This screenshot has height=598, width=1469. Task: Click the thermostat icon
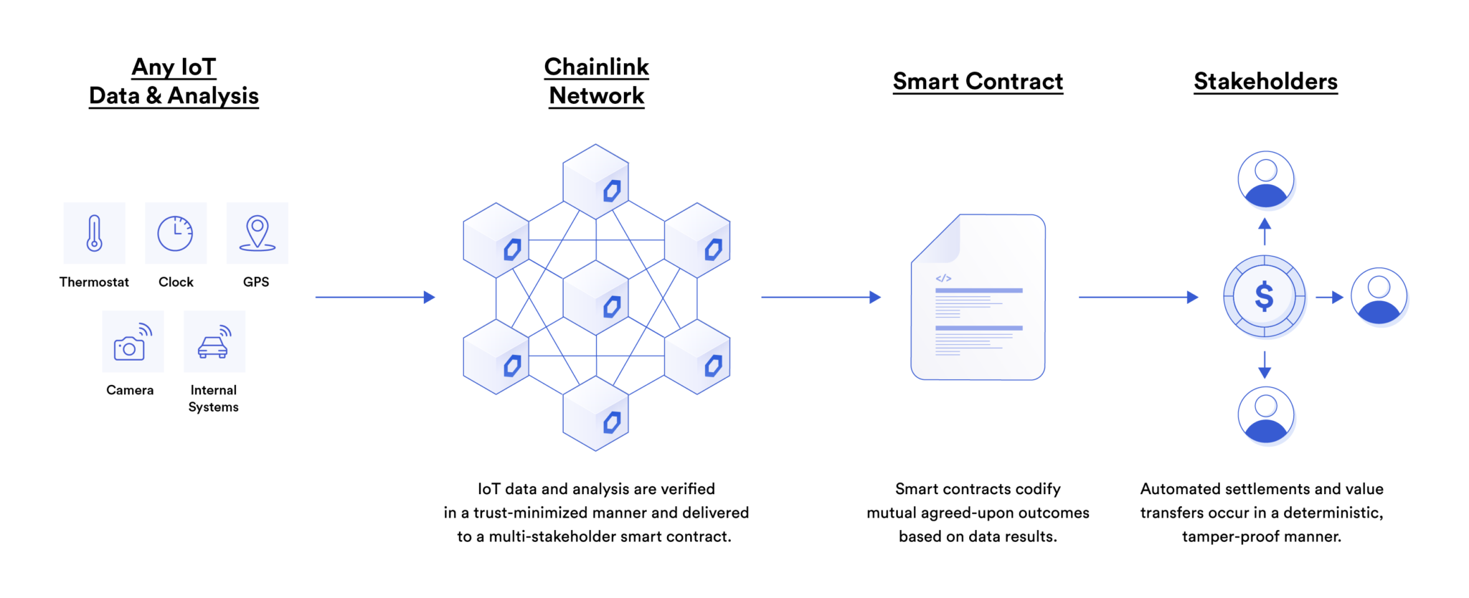(94, 233)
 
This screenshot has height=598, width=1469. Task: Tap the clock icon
(176, 233)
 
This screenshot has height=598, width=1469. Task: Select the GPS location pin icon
(257, 233)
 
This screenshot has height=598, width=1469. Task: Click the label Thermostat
(94, 282)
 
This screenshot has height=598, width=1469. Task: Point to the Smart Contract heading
(978, 82)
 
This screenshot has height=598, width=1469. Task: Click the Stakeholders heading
(1265, 82)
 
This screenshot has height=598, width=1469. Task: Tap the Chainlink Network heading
(596, 81)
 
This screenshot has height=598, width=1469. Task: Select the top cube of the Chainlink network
(596, 181)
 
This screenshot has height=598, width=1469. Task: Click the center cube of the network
(596, 298)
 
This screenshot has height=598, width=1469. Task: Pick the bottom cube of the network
(596, 414)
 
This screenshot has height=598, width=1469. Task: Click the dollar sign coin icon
(1264, 296)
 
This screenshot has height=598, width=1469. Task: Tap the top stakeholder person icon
(1265, 179)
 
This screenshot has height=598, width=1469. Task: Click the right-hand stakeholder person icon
(1379, 296)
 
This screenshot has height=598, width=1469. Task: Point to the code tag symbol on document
(943, 278)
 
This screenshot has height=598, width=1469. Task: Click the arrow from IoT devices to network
(375, 297)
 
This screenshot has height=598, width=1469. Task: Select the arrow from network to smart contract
(821, 297)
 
